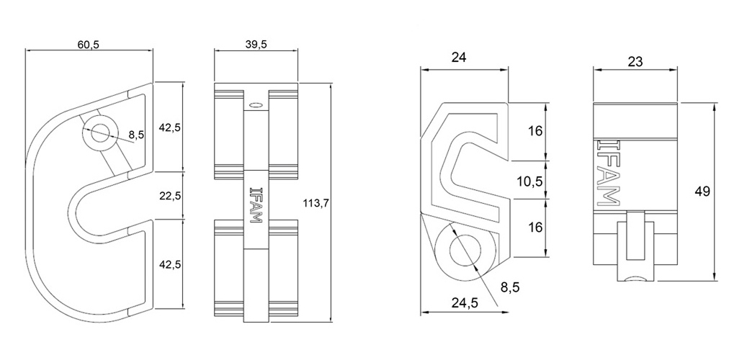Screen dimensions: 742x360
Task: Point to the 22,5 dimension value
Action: point(170,195)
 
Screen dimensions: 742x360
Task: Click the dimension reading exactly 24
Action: point(459,58)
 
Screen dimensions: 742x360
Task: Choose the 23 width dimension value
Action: point(635,61)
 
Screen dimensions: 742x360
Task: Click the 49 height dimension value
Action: point(702,192)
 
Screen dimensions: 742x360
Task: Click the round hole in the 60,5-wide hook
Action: point(100,132)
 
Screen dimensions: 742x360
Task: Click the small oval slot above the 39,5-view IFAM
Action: point(256,104)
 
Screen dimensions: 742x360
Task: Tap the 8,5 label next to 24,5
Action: point(509,287)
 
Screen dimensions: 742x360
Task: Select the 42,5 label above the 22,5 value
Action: point(170,127)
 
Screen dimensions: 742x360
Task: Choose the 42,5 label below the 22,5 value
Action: point(170,264)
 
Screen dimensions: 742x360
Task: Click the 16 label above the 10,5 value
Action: point(535,131)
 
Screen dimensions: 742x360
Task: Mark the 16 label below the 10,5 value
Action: point(535,228)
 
